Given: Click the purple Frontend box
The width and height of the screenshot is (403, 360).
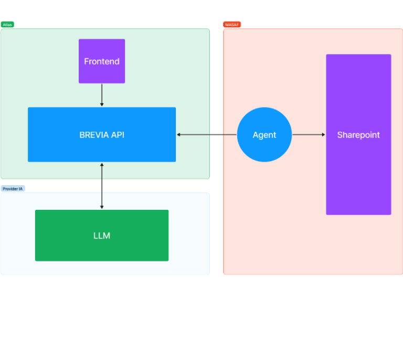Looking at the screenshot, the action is (x=102, y=61).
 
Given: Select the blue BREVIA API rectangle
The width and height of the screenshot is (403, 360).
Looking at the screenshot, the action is (x=102, y=134).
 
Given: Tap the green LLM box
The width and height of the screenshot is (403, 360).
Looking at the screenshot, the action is (x=102, y=236).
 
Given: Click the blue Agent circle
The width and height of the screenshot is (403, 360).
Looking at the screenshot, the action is (x=264, y=134).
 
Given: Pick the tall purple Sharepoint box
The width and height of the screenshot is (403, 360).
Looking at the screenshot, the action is (x=358, y=134).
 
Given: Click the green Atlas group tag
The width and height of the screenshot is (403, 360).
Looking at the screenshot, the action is (x=7, y=25).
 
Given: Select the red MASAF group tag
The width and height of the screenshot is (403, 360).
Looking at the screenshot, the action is (x=232, y=25).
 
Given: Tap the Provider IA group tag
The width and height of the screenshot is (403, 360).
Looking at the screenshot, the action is (x=13, y=188).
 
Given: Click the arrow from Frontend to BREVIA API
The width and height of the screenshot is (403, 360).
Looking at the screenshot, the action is (x=102, y=95).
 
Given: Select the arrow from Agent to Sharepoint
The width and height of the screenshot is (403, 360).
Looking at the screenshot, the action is (x=309, y=134).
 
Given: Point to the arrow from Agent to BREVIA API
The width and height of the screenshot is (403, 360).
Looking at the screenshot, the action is (x=207, y=134).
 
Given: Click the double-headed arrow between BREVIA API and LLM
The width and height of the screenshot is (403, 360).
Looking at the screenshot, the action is (x=102, y=186).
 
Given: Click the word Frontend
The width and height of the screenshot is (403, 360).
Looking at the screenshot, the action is (x=102, y=61).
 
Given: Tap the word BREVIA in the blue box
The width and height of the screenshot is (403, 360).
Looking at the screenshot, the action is (x=94, y=135).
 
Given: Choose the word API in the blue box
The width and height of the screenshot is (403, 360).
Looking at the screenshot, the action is (x=118, y=135).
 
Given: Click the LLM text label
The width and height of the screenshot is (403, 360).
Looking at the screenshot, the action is (x=102, y=236).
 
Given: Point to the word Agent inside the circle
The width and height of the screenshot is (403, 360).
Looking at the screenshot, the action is (x=264, y=135).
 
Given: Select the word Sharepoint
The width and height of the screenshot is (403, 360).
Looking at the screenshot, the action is (x=358, y=135).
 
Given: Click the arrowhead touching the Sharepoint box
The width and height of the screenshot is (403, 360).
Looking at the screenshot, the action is (x=324, y=134).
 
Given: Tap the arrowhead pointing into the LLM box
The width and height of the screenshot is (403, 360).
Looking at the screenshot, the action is (x=102, y=207).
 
